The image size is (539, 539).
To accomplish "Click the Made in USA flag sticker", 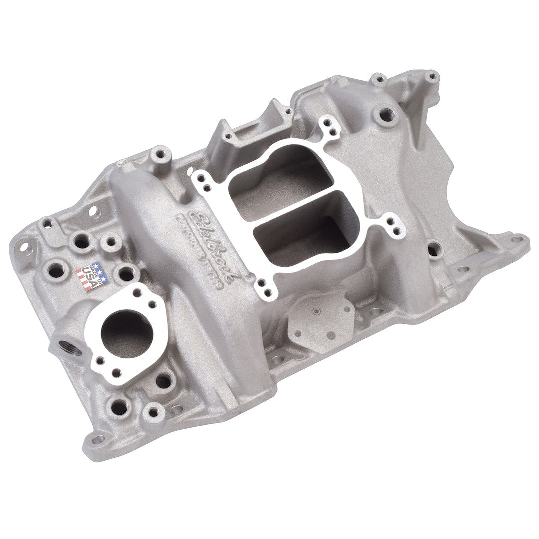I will tap(89, 275).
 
